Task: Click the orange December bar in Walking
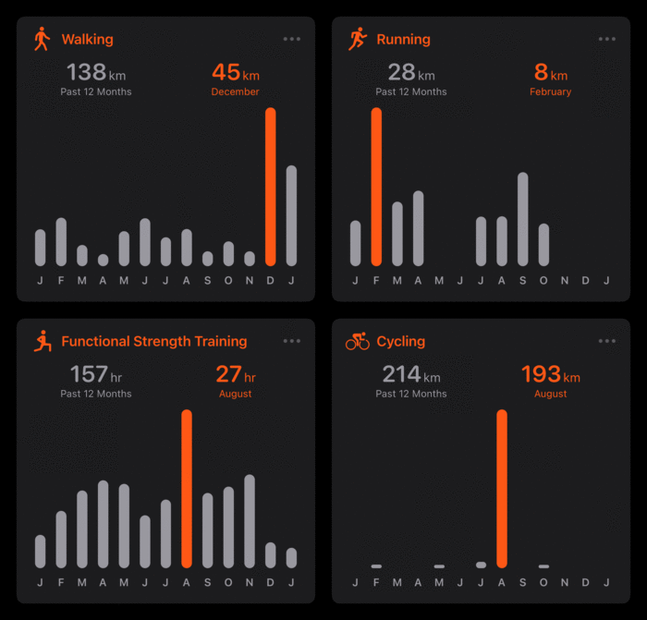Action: click(271, 187)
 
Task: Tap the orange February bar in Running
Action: click(376, 187)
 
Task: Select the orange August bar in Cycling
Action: click(502, 488)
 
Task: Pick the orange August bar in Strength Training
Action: click(187, 488)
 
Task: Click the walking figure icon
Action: click(41, 39)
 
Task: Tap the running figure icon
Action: click(358, 39)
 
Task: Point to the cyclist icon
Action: click(357, 342)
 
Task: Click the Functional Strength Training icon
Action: click(41, 341)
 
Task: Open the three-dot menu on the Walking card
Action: click(292, 39)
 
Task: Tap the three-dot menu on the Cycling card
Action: click(607, 341)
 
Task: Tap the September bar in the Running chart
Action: click(523, 219)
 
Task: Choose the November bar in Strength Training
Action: click(250, 520)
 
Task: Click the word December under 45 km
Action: click(235, 92)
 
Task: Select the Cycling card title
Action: click(400, 341)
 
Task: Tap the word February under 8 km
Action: click(550, 92)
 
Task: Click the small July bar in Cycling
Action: click(481, 565)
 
